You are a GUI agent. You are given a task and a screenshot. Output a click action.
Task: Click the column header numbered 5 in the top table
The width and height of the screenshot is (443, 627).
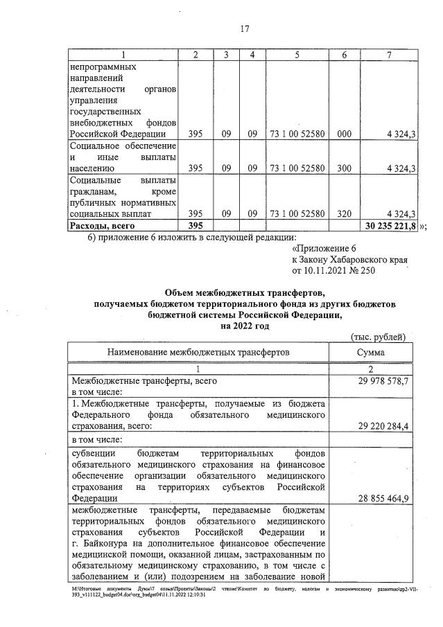(x=297, y=55)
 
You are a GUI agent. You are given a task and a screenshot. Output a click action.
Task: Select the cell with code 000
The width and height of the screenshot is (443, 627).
(x=344, y=134)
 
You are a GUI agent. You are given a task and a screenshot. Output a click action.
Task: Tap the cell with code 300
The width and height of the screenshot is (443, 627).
(x=344, y=168)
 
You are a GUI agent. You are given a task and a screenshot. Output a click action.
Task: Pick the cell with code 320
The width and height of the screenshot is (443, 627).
(x=344, y=214)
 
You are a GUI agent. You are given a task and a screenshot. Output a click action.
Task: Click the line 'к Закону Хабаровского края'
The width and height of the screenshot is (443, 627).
(x=349, y=259)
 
